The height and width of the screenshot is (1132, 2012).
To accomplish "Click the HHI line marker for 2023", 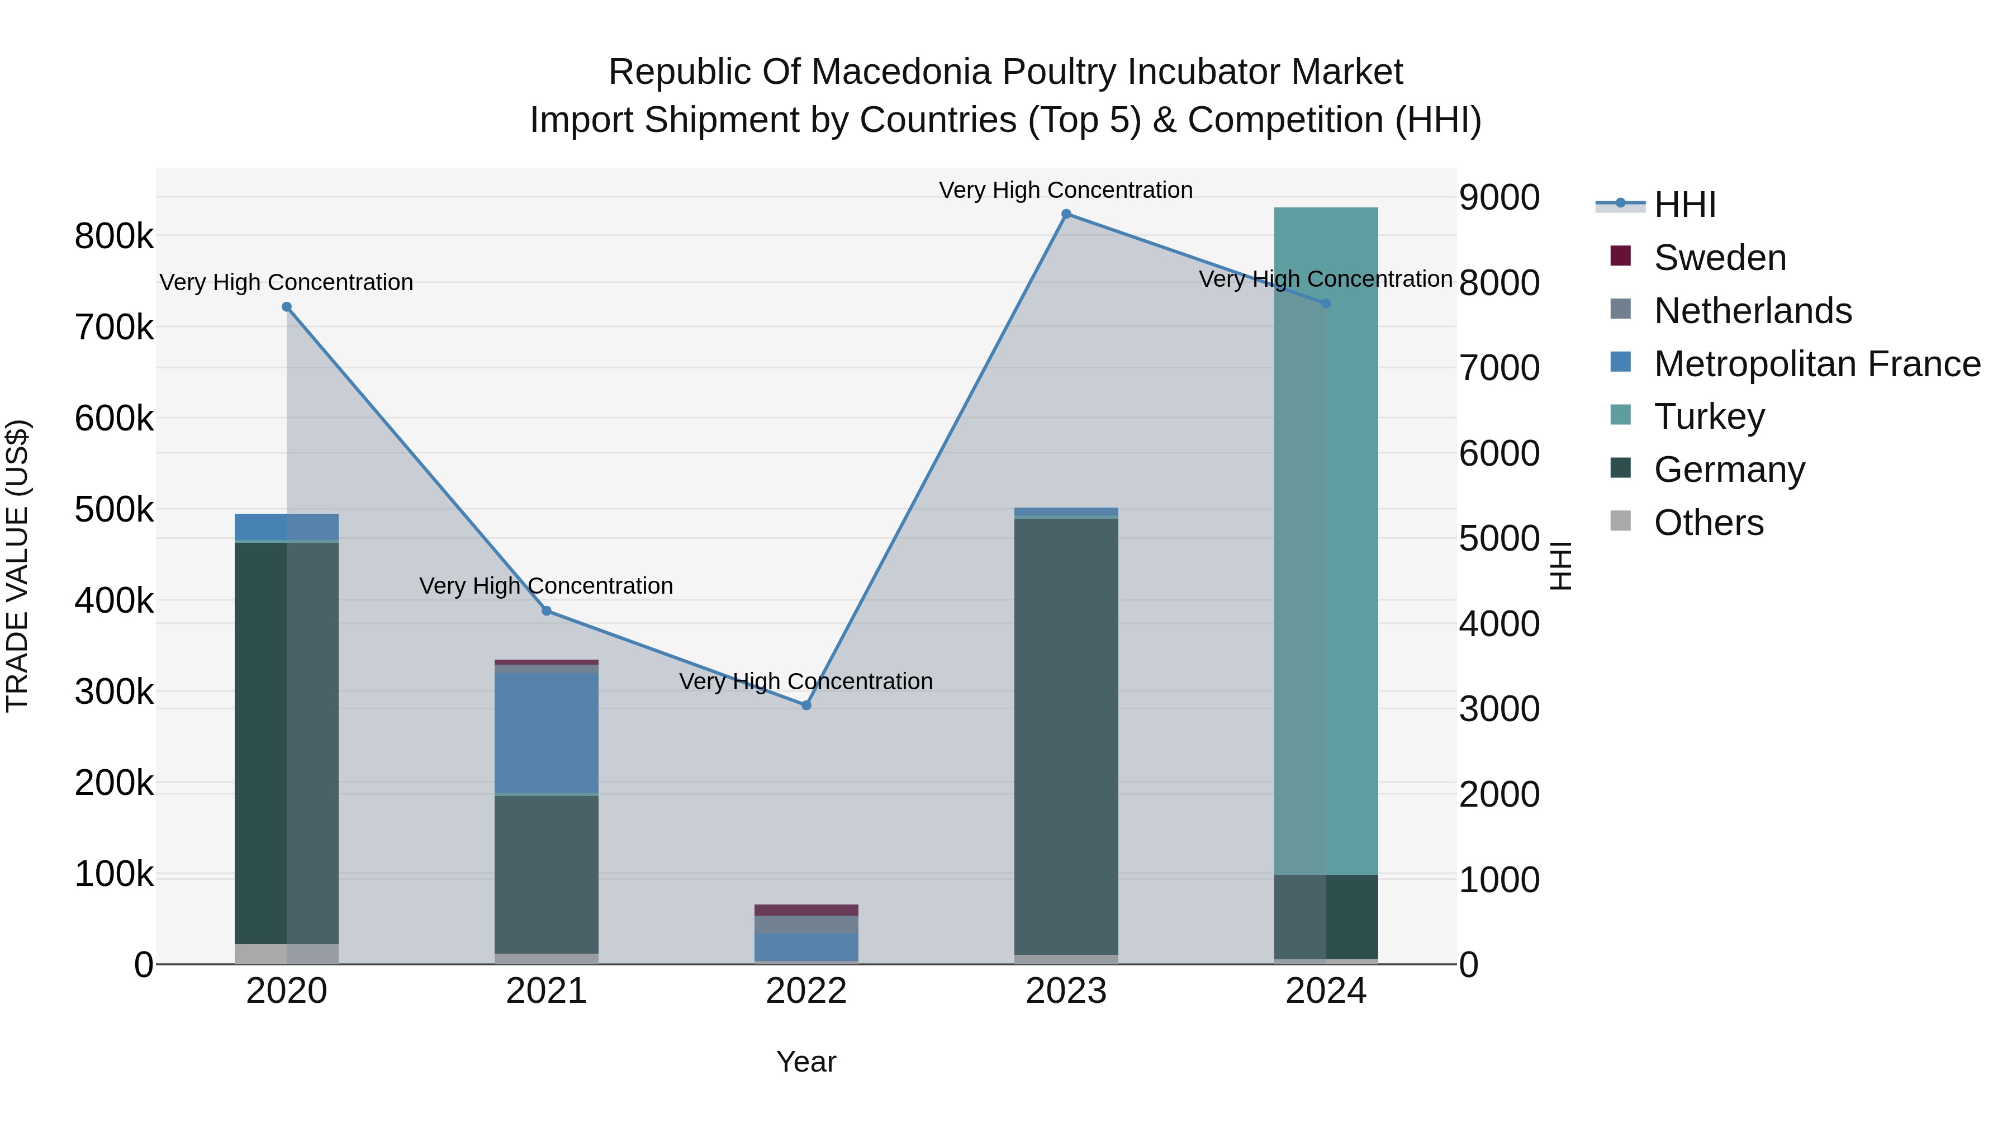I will point(1066,214).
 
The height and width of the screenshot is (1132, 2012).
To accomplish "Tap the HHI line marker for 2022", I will point(806,705).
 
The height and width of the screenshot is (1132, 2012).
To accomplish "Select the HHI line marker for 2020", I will point(287,307).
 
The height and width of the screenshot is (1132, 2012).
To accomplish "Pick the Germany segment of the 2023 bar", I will point(1066,735).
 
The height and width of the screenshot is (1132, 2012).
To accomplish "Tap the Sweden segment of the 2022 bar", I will point(806,910).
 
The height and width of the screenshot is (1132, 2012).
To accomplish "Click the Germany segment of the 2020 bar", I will point(287,742).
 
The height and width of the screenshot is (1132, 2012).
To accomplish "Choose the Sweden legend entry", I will point(1719,258).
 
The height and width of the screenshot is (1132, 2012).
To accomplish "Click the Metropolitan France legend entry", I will point(1817,364).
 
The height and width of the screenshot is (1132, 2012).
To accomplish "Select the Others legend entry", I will point(1708,523).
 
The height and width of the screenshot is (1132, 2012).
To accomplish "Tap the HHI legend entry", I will point(1684,205).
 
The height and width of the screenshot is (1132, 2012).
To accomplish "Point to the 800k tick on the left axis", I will point(114,236).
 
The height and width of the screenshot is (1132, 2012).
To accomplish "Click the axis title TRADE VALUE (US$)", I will point(17,566).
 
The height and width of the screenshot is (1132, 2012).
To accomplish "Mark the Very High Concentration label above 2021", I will point(546,586).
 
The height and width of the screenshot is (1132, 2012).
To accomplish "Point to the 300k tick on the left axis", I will point(114,692).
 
